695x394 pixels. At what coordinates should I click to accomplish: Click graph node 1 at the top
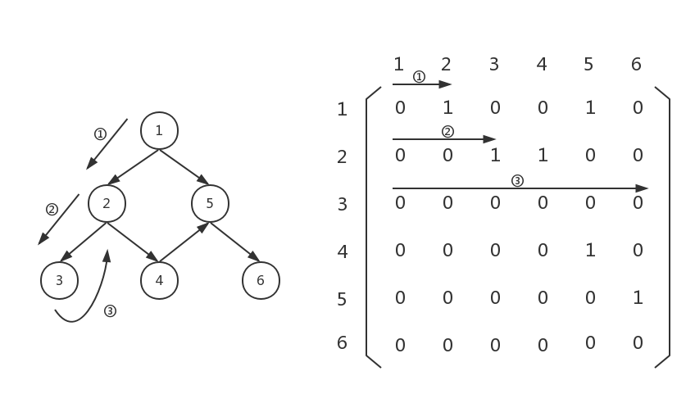pos(159,130)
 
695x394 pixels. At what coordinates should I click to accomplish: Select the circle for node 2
pos(107,203)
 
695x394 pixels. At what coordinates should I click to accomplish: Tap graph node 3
pos(59,281)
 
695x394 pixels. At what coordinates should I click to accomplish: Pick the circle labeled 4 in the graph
pos(159,281)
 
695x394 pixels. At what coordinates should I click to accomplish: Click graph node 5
pos(210,203)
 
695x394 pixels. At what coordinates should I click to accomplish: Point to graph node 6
pos(261,281)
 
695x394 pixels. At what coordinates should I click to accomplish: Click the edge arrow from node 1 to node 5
pos(184,166)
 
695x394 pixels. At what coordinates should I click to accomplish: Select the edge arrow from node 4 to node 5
pos(184,242)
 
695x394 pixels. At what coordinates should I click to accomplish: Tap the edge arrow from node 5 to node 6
pos(235,242)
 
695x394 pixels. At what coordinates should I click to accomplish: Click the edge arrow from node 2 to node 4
pos(132,242)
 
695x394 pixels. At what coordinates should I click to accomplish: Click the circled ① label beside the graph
pos(100,134)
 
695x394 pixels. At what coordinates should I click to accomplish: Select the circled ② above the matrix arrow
pos(447,131)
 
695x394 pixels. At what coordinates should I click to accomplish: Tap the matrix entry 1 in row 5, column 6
pos(638,298)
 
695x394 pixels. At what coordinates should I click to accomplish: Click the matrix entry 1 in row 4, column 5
pos(590,251)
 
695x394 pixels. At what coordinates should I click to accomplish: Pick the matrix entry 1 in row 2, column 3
pos(495,156)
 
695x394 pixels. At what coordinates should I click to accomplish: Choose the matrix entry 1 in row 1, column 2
pos(447,108)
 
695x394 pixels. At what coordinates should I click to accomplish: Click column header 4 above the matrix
pos(542,64)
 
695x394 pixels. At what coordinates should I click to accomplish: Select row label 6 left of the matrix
pos(343,342)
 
